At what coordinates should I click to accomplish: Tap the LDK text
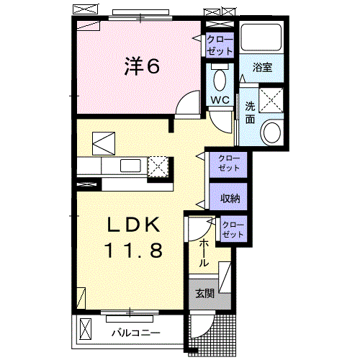pos(133,225)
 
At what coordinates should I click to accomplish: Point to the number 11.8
pos(133,251)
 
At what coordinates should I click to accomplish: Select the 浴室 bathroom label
pos(262,68)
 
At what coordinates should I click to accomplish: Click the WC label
pos(220,100)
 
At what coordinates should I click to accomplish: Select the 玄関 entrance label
pos(204,293)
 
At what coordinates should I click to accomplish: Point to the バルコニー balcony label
pos(135,333)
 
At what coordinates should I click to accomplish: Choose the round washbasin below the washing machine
pos(272,132)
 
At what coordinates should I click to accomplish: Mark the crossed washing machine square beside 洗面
pos(272,98)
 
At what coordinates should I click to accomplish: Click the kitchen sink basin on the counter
pos(130,166)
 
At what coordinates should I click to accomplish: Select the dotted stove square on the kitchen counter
pos(158,167)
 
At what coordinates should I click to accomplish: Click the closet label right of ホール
pos(233,230)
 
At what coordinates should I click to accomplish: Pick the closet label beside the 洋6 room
pos(220,45)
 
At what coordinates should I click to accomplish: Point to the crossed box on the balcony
pos(86,330)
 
